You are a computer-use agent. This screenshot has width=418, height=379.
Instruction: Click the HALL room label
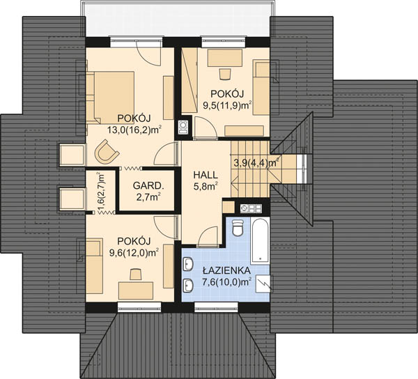point(206,175)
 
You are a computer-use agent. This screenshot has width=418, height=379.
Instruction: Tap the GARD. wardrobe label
point(148,185)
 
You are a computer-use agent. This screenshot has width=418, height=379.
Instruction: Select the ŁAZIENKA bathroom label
point(226,270)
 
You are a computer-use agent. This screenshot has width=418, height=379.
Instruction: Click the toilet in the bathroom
point(238,227)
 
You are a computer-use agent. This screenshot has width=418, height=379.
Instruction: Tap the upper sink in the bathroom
point(188,264)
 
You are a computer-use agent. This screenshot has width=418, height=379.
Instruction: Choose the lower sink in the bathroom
point(188,286)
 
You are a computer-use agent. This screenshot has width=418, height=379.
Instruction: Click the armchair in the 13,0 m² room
point(106,152)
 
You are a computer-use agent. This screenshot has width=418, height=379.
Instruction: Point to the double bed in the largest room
point(110,98)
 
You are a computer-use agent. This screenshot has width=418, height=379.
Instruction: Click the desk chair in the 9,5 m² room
point(225,74)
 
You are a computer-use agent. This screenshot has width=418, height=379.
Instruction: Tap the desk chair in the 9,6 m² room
point(136,274)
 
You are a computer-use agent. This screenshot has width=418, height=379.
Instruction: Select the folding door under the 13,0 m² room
point(131,169)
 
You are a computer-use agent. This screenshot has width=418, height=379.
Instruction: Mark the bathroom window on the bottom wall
point(216,307)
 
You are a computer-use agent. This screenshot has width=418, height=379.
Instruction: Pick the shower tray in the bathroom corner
point(263,284)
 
